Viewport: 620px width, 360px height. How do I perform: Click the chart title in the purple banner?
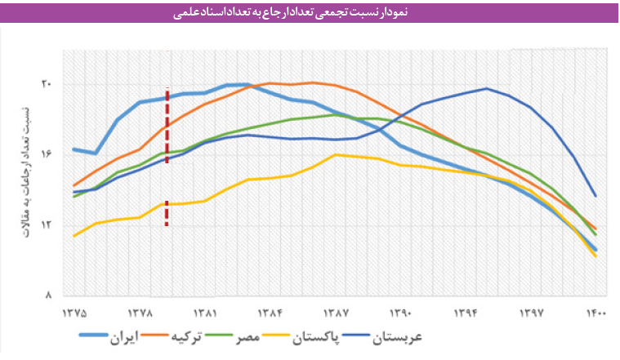coord(310,13)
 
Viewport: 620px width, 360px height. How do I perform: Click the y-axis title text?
coord(25,169)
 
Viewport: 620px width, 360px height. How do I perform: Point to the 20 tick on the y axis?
coord(47,84)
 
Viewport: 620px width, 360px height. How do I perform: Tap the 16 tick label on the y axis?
coord(47,154)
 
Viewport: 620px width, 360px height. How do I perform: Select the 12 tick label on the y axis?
coord(47,225)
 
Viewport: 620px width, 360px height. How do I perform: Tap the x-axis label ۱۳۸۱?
coord(205,312)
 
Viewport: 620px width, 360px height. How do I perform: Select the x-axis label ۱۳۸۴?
coord(270,312)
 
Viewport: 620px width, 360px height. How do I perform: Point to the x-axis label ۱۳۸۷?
coord(337,312)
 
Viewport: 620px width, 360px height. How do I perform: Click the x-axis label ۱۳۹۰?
coord(402,312)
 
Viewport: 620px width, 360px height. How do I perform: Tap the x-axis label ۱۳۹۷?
coord(532,312)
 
